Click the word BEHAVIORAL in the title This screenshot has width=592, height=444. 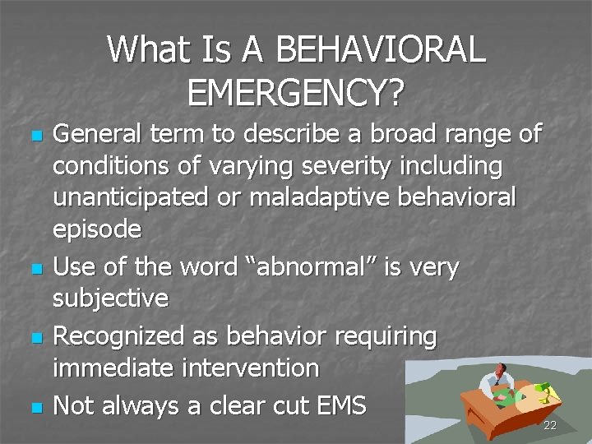[382, 50]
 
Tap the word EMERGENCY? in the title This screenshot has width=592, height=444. [296, 93]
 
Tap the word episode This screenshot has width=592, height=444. [97, 231]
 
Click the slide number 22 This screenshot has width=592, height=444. [551, 425]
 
